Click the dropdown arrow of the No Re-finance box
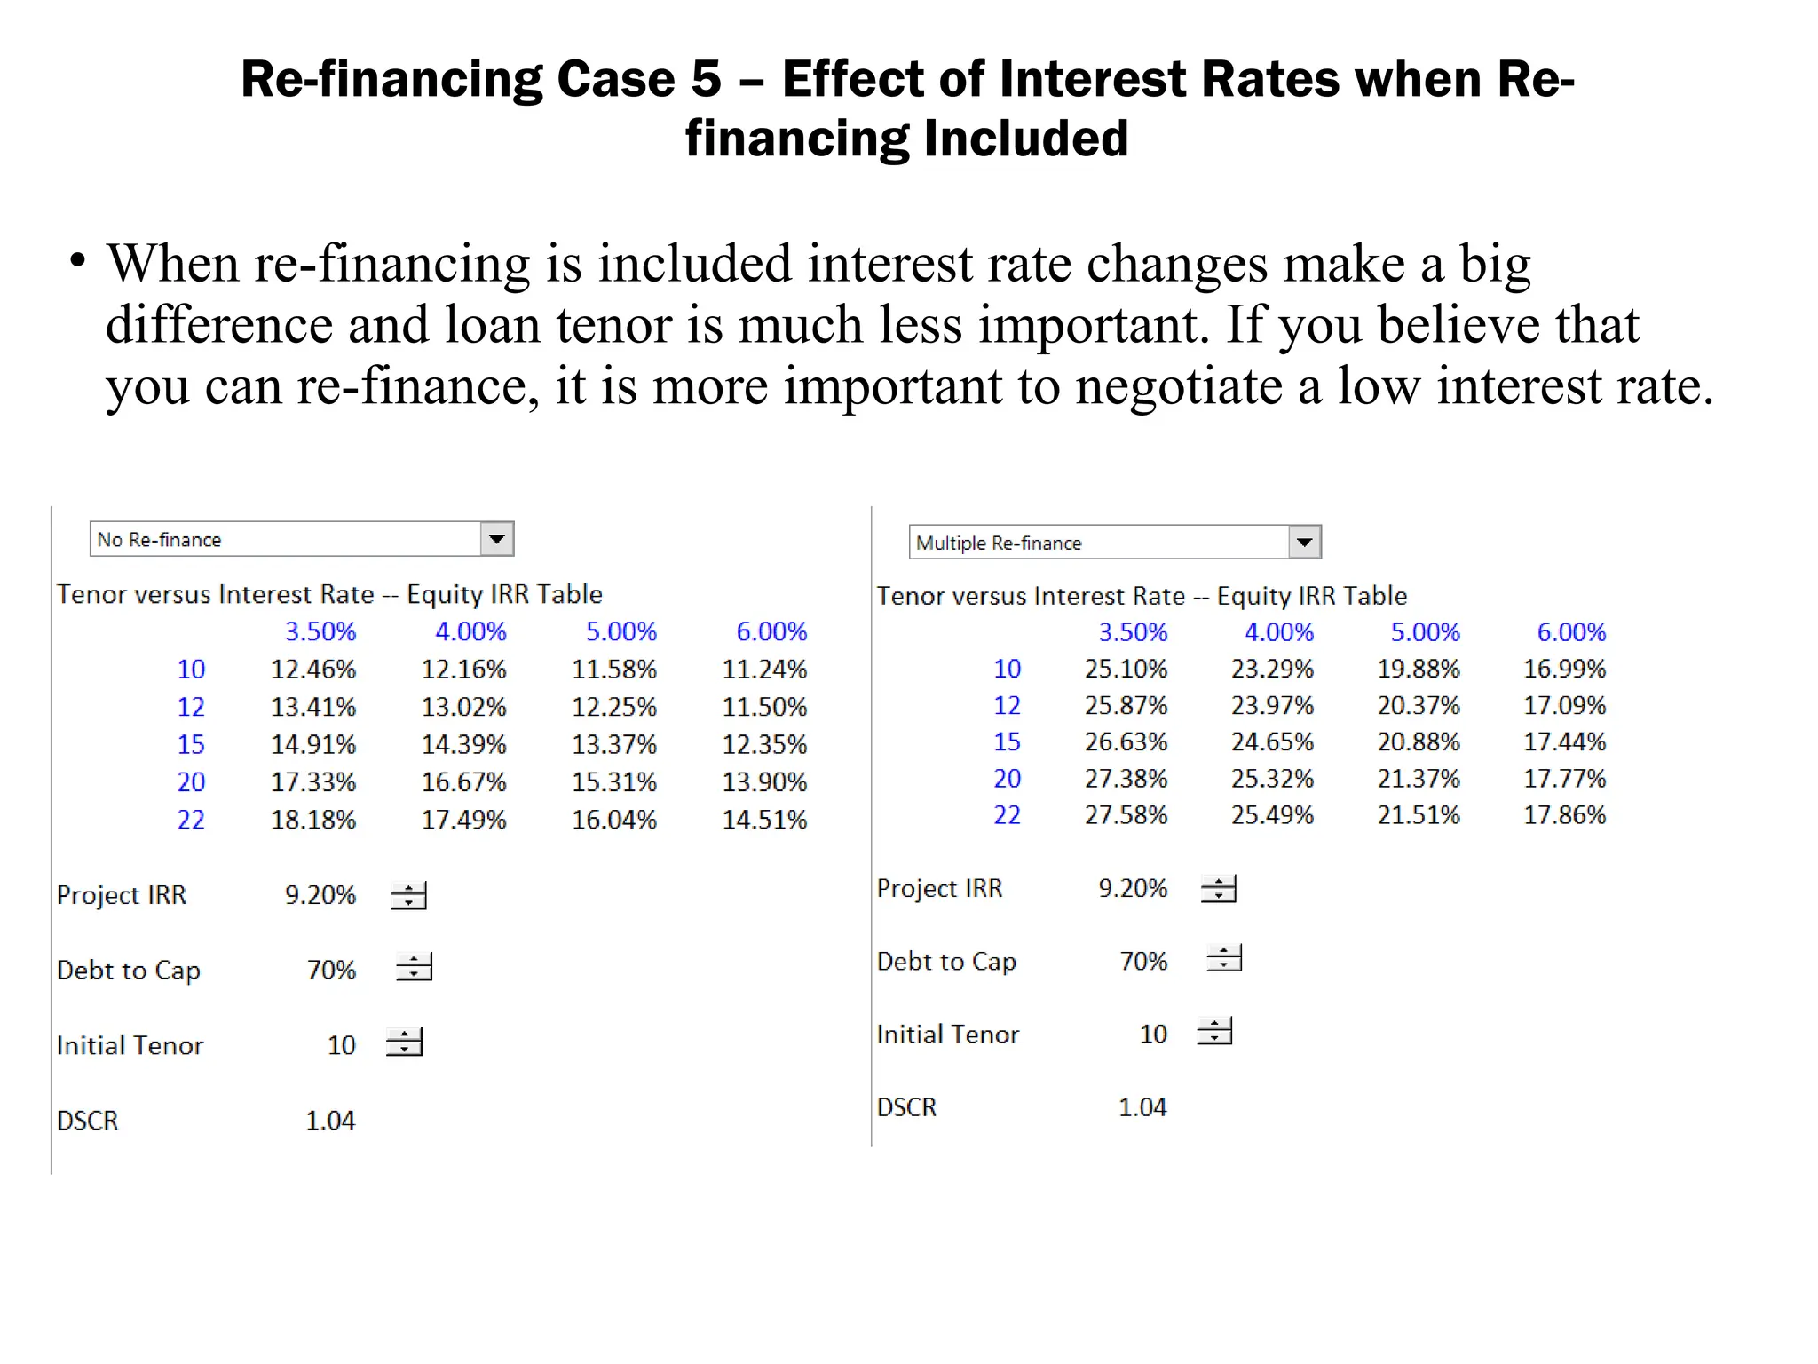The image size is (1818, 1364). (497, 539)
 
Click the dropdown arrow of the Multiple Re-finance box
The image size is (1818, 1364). (1304, 542)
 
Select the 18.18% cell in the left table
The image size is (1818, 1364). (313, 820)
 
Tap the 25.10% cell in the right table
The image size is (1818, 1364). (1126, 669)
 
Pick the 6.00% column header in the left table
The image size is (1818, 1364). (771, 631)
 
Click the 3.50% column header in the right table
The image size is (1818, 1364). (1133, 632)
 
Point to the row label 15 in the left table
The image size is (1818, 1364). (191, 744)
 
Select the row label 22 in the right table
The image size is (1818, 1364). (1007, 815)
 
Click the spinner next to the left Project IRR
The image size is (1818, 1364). (408, 895)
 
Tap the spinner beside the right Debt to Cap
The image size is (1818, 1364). (1224, 958)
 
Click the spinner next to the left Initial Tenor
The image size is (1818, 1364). (404, 1042)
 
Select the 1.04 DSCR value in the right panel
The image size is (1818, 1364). (1142, 1107)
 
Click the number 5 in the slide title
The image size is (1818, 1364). (706, 80)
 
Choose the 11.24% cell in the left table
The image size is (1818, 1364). (764, 670)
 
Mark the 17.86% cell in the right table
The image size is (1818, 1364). (1565, 815)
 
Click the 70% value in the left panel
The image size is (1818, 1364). (331, 970)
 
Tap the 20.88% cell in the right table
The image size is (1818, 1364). (1419, 742)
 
